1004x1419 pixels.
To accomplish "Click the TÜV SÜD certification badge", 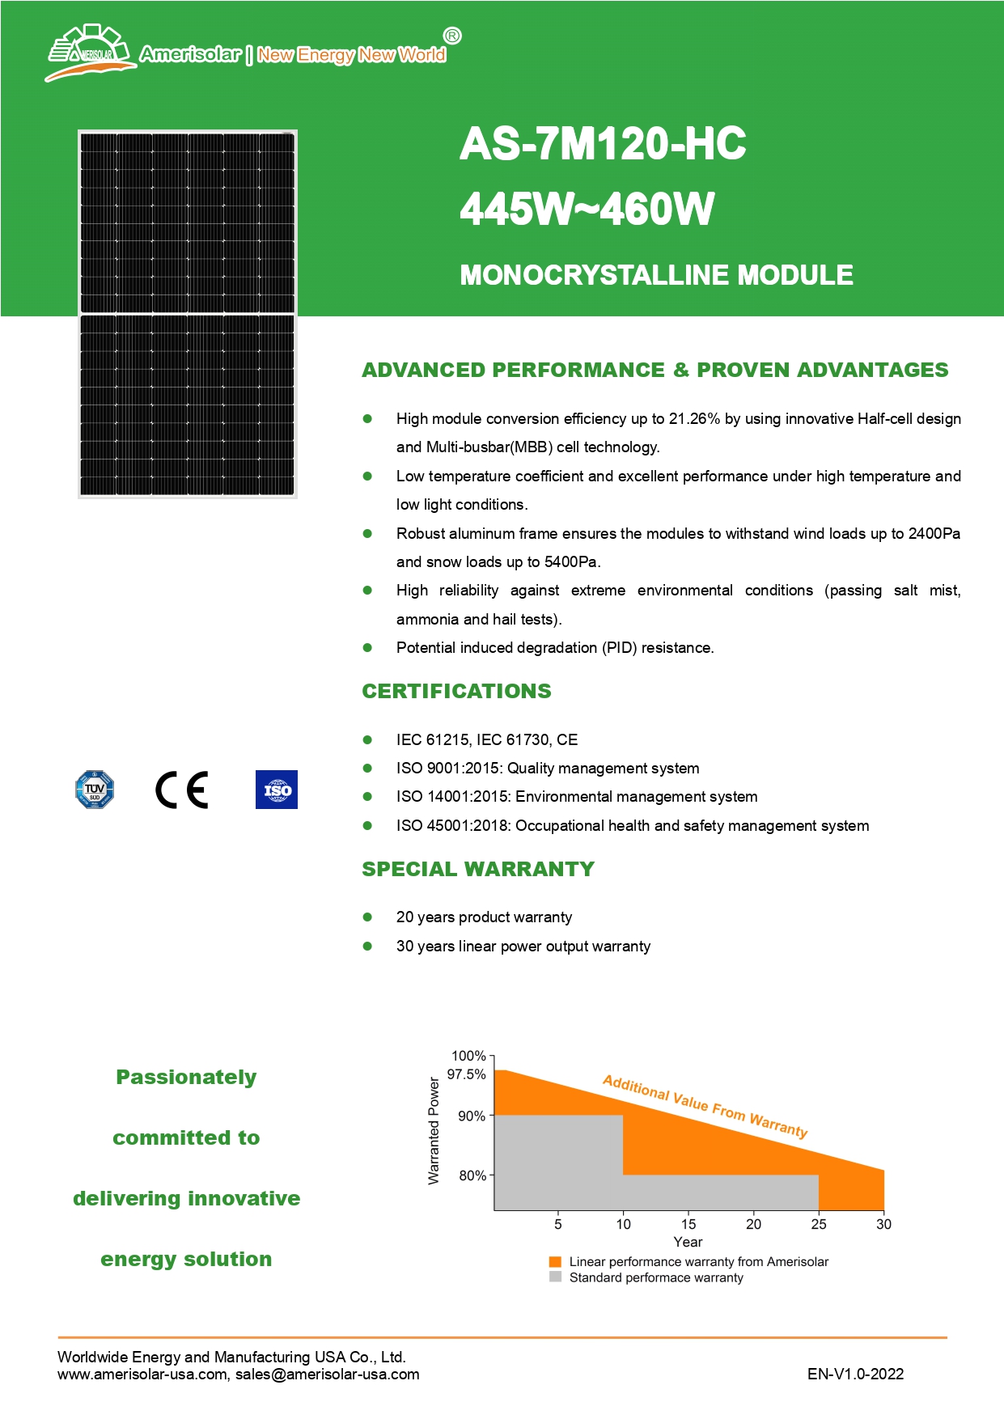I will pos(95,790).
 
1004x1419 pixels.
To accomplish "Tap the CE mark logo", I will pos(182,790).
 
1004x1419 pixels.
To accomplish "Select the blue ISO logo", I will pos(276,790).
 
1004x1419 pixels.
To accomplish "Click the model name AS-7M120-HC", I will pos(603,144).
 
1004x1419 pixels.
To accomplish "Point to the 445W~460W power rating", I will pos(587,209).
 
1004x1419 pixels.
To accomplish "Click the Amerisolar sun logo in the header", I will pos(89,53).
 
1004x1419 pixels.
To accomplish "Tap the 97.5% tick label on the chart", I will pos(467,1074).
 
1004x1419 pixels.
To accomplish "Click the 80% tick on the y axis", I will pos(472,1175).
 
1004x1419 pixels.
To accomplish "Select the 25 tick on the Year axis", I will pos(819,1224).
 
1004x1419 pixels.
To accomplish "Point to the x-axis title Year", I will pos(688,1242).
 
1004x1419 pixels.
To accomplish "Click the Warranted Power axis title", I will pos(434,1131).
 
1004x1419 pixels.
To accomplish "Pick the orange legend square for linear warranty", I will pos(555,1261).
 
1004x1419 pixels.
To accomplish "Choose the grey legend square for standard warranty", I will pos(555,1277).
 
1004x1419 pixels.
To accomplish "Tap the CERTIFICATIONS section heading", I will pos(456,691).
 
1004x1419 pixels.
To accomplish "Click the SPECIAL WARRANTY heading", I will pos(478,869).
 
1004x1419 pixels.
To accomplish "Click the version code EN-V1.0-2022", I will pos(855,1374).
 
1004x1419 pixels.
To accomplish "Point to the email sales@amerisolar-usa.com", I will pos(328,1374).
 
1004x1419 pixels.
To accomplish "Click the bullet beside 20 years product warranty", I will pos(367,917).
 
